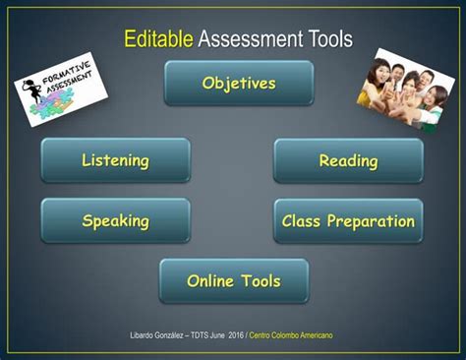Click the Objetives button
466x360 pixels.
click(239, 84)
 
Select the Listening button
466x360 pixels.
click(115, 160)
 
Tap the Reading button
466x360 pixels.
click(348, 160)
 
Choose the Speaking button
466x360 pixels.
click(115, 221)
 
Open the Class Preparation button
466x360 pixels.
click(348, 221)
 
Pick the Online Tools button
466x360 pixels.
click(234, 281)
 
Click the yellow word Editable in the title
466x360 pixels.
click(157, 38)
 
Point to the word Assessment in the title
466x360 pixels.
click(245, 38)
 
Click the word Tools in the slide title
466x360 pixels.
click(321, 38)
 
